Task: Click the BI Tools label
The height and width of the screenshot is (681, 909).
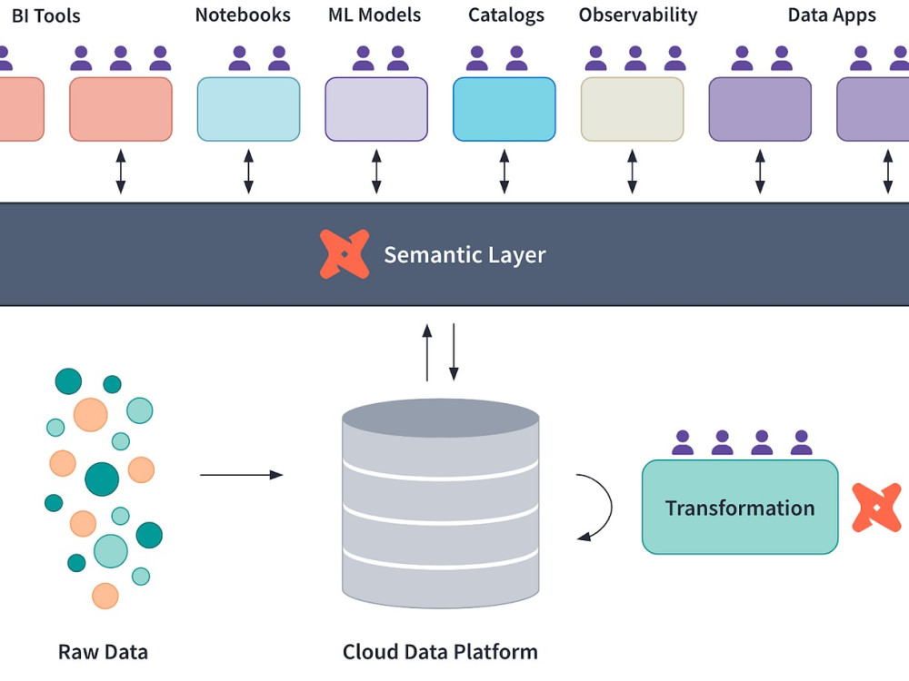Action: pos(45,15)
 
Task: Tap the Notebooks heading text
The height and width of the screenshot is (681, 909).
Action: pos(243,15)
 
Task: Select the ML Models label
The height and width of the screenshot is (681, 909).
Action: pos(375,15)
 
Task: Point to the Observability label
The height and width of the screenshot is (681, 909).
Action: pos(638,15)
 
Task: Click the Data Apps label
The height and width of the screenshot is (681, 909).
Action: pos(832,15)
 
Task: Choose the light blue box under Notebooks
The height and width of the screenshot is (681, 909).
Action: pos(248,109)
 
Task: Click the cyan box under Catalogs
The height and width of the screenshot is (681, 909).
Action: pos(504,109)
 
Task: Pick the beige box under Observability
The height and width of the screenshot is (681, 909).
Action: pos(632,109)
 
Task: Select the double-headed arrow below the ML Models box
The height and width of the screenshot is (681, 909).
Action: pos(376,173)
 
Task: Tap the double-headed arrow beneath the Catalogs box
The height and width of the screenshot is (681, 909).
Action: pos(504,173)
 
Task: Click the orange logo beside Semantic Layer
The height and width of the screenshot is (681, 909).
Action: pos(345,254)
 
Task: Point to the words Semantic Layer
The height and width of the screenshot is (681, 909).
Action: pos(464,255)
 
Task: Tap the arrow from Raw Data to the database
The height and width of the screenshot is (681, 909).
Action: pos(241,475)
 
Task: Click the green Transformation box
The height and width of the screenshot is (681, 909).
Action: pos(740,507)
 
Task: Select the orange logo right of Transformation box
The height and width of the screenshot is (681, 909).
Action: pos(876,508)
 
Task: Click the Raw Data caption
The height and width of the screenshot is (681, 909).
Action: pos(103,652)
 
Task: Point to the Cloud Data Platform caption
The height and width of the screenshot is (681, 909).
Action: pos(440,652)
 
